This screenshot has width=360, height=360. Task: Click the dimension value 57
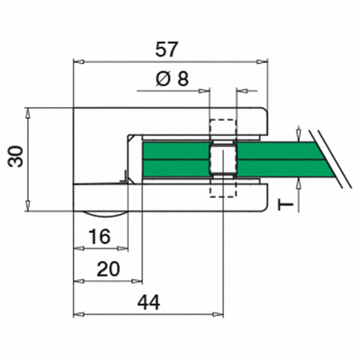coord(166,49)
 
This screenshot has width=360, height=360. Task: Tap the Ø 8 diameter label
coord(172,79)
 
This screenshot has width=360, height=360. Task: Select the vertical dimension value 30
coord(16,157)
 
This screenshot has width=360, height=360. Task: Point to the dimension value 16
coord(100,236)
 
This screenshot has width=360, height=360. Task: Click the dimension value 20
coord(108,268)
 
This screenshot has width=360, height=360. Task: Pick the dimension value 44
coord(148,302)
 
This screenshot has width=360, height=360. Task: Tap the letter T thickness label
coord(286,205)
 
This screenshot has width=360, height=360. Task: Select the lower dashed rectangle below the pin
coord(222,188)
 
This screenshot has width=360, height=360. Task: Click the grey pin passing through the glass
coord(222,159)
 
